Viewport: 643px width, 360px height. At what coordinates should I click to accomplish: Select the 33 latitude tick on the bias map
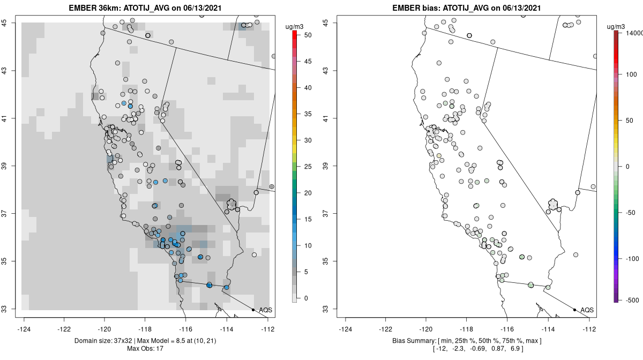327,309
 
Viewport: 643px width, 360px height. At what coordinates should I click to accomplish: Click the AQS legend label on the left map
265,310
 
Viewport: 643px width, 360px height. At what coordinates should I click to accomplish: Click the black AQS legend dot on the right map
574,310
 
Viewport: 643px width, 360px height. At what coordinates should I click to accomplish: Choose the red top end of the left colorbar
294,34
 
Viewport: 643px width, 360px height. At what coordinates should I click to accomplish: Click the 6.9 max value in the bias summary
516,349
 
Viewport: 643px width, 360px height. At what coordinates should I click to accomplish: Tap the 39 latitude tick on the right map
327,166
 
